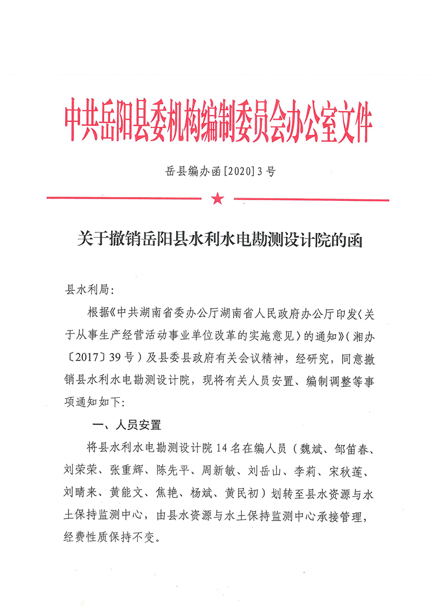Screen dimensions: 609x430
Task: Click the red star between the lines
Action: (x=217, y=199)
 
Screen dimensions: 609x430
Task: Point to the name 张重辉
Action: (x=133, y=470)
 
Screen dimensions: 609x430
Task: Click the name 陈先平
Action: (x=185, y=470)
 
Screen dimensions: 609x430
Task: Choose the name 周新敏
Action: (x=237, y=470)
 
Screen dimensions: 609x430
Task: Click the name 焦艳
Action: (x=174, y=492)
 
